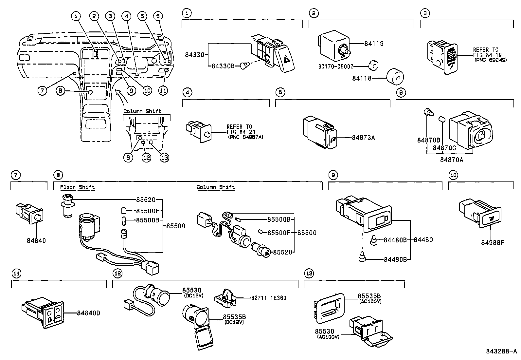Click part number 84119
tap(374, 44)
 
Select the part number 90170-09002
tap(336, 66)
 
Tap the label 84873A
tap(363, 138)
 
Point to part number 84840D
tap(88, 313)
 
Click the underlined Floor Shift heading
tap(77, 187)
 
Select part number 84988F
tap(492, 243)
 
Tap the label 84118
tap(362, 78)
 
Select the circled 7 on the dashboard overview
tap(42, 91)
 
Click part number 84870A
tap(451, 160)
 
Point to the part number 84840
tap(36, 241)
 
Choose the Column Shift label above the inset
tap(142, 111)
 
